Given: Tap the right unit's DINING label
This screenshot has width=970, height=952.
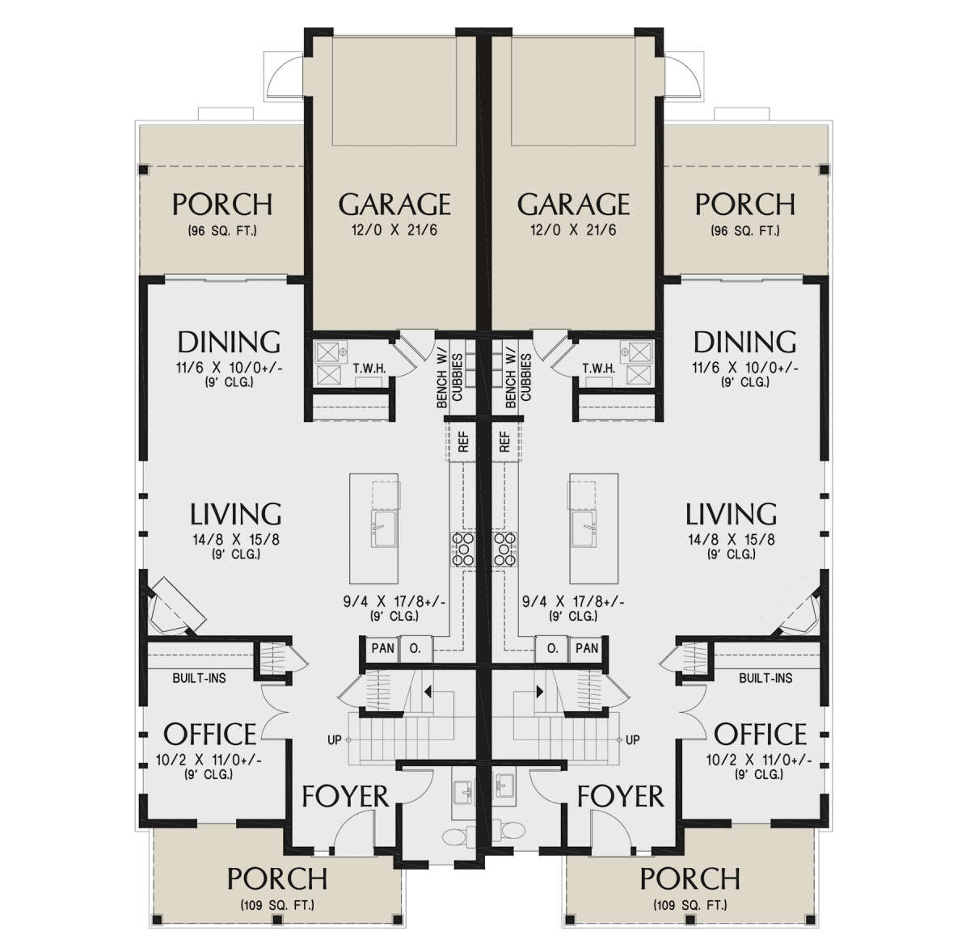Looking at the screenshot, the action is [745, 342].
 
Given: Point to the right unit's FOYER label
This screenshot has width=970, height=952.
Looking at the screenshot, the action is [620, 796].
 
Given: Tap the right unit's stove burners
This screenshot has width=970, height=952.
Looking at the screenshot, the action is [505, 550].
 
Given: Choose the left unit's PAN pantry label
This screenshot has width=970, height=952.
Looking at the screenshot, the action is [382, 648].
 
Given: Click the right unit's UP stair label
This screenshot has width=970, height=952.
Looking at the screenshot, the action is [633, 739].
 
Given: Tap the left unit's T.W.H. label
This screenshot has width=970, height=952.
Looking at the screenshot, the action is [369, 369].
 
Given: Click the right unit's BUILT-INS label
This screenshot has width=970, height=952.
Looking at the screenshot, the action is [765, 678].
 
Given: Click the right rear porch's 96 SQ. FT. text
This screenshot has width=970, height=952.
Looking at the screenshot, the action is [745, 231].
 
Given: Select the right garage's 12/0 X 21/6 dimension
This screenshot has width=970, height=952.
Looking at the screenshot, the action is [573, 230].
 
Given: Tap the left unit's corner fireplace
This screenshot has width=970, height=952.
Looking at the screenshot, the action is [175, 607].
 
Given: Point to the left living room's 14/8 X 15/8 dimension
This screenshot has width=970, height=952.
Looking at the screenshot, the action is [235, 540].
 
